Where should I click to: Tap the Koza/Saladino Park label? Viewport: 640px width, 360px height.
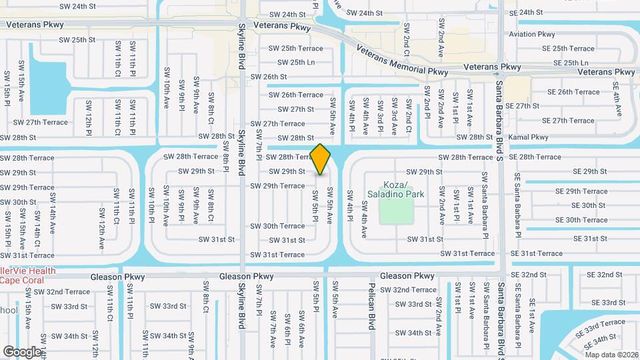pyautogui.click(x=395, y=189)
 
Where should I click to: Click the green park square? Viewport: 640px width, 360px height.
pyautogui.click(x=396, y=211)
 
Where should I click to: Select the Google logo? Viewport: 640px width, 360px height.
pyautogui.click(x=22, y=351)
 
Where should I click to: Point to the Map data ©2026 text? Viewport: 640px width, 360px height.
pyautogui.click(x=611, y=355)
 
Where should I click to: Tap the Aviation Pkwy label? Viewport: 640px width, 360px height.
pyautogui.click(x=531, y=34)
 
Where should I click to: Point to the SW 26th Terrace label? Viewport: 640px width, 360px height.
pyautogui.click(x=297, y=95)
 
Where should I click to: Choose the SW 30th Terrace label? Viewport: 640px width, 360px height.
pyautogui.click(x=277, y=226)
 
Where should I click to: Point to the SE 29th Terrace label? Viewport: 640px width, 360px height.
pyautogui.click(x=581, y=191)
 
